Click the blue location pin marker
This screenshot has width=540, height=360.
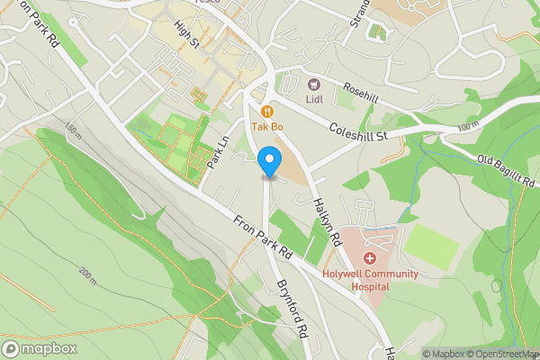pos(268,162)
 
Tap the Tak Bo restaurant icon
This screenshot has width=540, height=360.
pos(266,112)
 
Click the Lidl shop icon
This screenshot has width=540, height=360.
pos(314,84)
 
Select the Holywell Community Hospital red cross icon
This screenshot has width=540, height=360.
pos(369,259)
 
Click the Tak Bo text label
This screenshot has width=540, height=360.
pos(266,127)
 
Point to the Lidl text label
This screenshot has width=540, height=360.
pos(314,99)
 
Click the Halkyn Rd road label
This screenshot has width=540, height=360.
pos(326,223)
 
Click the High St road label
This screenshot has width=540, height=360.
pos(187,37)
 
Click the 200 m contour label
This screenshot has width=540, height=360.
pos(86,274)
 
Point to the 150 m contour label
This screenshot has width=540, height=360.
pos(71,132)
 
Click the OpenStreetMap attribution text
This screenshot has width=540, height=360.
pos(501,354)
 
